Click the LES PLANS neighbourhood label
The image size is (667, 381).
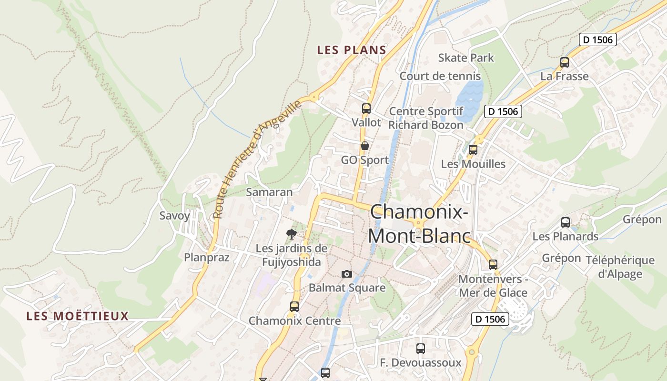(352, 50)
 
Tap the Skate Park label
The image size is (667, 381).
(466, 58)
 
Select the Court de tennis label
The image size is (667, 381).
(440, 76)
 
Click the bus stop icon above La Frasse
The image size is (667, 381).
(565, 62)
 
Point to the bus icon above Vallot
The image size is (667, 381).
(366, 108)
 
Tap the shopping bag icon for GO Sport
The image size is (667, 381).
(365, 146)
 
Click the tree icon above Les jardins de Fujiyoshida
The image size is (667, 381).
(291, 234)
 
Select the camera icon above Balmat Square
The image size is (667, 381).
(347, 274)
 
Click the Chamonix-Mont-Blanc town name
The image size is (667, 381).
(419, 224)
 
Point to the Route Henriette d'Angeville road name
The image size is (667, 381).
(257, 159)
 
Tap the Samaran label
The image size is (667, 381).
(269, 192)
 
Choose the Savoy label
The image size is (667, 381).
(174, 216)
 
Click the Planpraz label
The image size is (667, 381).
(207, 258)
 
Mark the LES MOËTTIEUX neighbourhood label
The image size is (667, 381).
(78, 316)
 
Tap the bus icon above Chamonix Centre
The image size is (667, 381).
(294, 307)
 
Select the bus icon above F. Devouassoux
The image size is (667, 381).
(420, 349)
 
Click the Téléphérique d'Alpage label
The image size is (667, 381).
(620, 267)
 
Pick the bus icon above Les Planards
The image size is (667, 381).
(566, 222)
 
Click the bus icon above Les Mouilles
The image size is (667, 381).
(473, 150)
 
